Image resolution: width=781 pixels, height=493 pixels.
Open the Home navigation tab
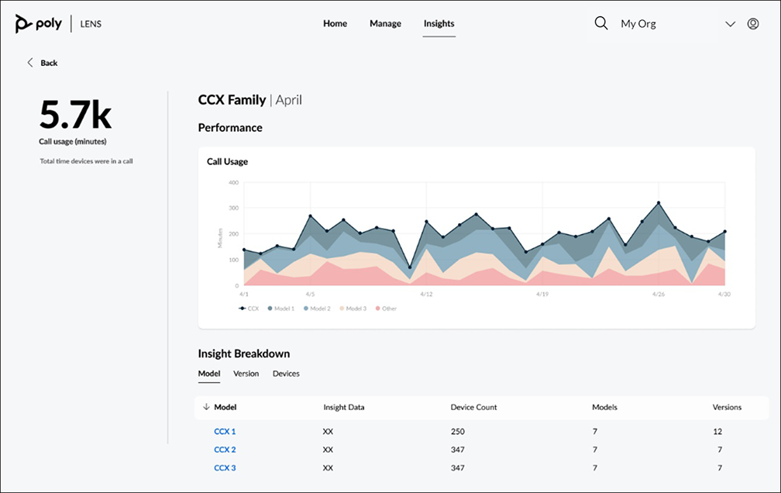[x=335, y=23]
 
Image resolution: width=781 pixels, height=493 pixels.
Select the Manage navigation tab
[x=385, y=23]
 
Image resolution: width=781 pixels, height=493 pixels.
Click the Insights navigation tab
[x=439, y=23]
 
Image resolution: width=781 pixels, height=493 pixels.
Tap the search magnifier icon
[x=600, y=23]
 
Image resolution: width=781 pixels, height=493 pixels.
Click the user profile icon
[x=752, y=24]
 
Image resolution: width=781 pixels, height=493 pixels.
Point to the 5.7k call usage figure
[x=75, y=115]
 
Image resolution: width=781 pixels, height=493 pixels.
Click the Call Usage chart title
[x=227, y=162]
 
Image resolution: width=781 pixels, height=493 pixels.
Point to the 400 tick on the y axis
[x=233, y=183]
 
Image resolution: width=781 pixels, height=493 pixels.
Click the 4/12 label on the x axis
[x=425, y=295]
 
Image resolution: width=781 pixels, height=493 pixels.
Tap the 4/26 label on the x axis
[x=659, y=295]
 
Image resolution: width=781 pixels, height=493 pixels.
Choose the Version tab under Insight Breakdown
[x=246, y=374]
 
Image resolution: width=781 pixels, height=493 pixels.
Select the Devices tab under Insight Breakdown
[x=286, y=374]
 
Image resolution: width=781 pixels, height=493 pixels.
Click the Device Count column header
[x=473, y=407]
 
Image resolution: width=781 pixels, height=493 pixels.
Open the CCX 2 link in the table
[x=225, y=450]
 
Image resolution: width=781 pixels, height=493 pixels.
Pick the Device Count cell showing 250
[x=458, y=431]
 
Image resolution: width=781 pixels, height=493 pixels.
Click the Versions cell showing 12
[x=717, y=431]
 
